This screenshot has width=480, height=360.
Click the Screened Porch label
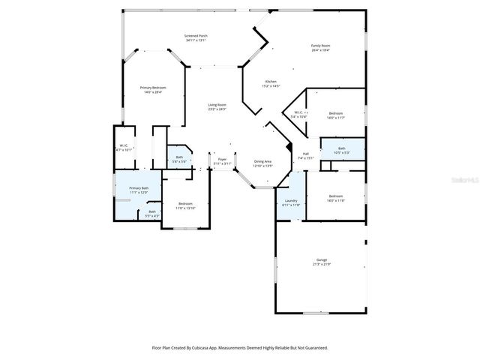(x=196, y=36)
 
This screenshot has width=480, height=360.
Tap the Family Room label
(x=321, y=46)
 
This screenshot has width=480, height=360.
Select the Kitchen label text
(x=271, y=81)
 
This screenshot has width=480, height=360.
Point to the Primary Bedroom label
(x=153, y=88)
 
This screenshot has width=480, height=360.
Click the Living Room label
(x=217, y=105)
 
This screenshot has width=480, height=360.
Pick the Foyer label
(x=222, y=159)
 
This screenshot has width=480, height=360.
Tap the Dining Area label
(x=262, y=160)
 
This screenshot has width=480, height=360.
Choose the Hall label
(x=306, y=154)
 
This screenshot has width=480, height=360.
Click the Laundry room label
(x=291, y=200)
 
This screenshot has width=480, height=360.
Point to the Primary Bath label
(x=139, y=188)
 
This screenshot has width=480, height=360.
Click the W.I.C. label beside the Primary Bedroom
(x=124, y=145)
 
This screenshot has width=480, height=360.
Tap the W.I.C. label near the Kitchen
(x=298, y=112)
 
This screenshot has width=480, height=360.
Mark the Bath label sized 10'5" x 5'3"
(x=341, y=148)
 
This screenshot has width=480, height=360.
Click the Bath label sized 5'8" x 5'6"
(x=179, y=157)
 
